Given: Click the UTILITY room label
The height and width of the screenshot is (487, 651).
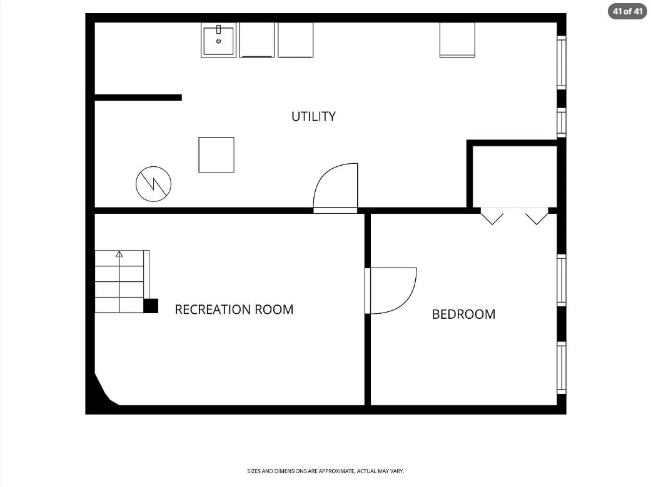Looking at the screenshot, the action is coord(313,116).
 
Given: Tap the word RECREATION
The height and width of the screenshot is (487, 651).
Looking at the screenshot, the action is coord(212,309).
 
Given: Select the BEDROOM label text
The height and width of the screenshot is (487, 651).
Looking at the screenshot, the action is coord(464,314).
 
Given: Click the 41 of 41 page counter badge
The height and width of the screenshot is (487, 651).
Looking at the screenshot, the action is coord(628,11).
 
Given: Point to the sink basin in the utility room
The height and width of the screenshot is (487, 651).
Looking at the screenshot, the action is coord(218,40).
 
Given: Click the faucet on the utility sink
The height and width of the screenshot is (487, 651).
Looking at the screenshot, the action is coord(218,29).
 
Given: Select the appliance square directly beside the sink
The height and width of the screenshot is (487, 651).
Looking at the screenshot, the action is coord(256,40).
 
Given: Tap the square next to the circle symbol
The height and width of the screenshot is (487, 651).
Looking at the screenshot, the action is coord(216,155).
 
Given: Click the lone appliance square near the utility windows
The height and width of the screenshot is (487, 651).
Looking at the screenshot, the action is coord(457,40).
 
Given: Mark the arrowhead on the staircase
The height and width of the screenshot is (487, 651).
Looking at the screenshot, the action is coord(119,254).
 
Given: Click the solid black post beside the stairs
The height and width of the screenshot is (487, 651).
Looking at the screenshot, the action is coord(151,306).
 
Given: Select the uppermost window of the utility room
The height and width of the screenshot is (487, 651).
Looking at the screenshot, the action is coord(562,63).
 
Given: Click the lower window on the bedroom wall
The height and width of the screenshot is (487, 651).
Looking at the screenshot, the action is coord(562,368).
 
